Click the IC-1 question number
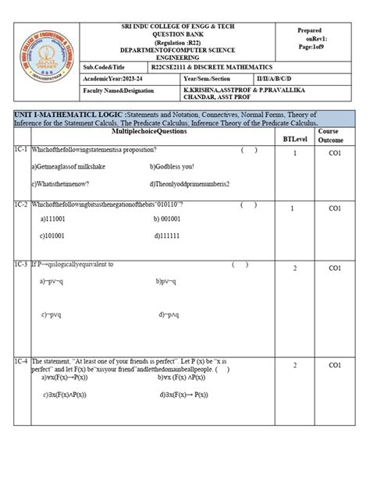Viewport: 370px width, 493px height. [20, 149]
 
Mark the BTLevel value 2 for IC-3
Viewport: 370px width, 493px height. [295, 268]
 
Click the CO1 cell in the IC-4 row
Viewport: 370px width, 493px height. [335, 365]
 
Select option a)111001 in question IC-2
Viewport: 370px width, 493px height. [54, 220]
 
